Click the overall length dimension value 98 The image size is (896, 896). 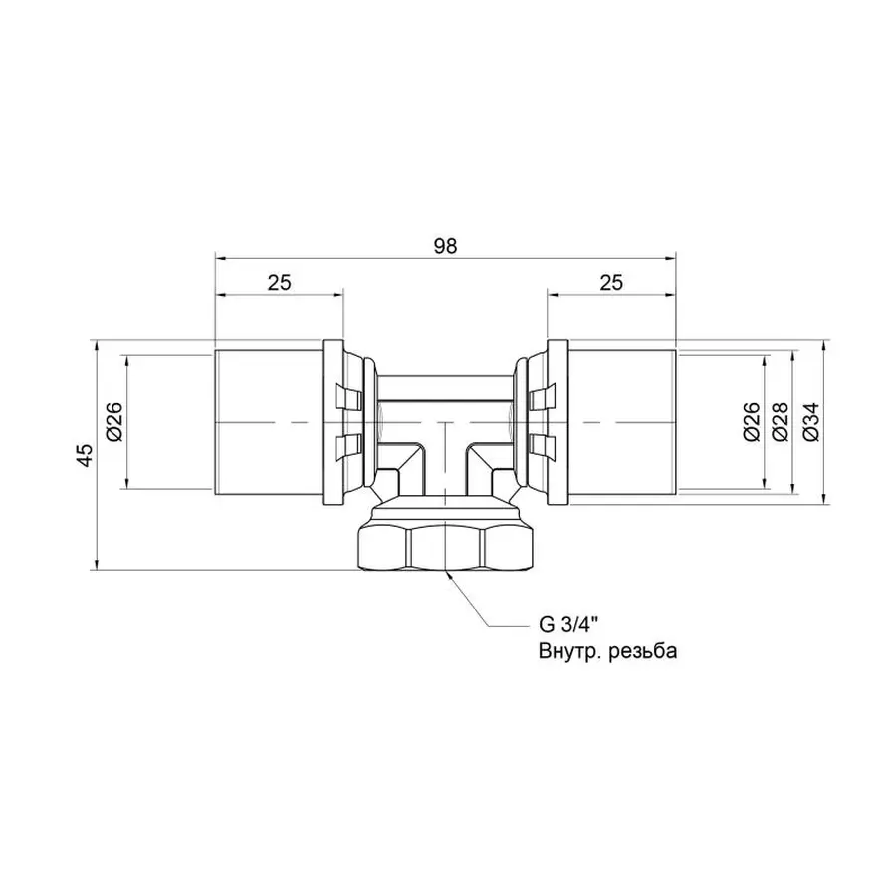446,247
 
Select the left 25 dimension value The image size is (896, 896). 279,282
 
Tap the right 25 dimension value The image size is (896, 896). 611,282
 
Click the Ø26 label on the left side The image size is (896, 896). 113,422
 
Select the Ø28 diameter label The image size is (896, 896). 780,422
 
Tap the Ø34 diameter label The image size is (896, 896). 810,422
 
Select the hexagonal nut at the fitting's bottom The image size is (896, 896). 447,542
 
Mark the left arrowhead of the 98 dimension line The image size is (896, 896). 222,259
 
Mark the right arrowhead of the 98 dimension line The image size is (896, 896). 672,259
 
